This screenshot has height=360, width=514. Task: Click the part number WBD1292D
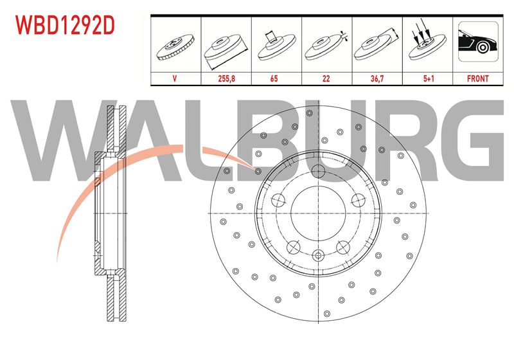tap(66, 25)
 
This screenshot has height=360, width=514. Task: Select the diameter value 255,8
tap(227, 78)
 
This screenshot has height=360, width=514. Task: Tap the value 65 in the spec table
tap(274, 78)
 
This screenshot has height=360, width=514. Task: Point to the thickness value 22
tap(326, 78)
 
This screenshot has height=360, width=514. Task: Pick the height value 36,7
tap(377, 78)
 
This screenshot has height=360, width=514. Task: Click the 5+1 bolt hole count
tap(429, 78)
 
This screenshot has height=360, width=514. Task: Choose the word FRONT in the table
tap(477, 78)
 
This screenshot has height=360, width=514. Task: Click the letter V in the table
tap(174, 78)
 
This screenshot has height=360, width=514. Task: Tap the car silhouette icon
tap(478, 42)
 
